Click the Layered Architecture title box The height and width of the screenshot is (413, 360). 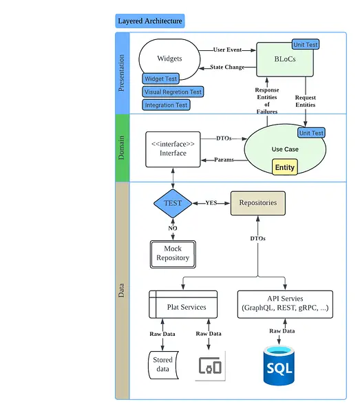coord(150,21)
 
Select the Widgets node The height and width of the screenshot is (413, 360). coord(169,59)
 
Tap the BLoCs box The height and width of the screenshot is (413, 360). coord(285,59)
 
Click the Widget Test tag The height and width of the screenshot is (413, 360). coord(160,78)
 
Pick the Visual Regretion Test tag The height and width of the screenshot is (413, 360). coord(173,92)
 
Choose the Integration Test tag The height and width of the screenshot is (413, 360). coord(166,105)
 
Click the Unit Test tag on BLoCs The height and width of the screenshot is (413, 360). coord(306,45)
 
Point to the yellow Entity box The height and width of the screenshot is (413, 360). coord(285,167)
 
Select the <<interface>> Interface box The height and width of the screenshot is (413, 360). coord(173,149)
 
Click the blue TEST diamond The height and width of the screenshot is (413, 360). coord(173,203)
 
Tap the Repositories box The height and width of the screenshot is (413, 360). coord(258,203)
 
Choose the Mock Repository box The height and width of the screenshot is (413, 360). coord(173,254)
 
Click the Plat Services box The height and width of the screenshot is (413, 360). coord(183,304)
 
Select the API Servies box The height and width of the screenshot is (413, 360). coord(285,304)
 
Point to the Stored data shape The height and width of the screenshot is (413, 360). coord(163,365)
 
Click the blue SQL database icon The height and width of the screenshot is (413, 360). coord(279,366)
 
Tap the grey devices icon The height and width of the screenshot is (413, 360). coord(210,366)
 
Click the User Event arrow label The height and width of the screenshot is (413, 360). coord(227,50)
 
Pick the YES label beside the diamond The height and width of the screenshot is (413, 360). coord(211,202)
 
